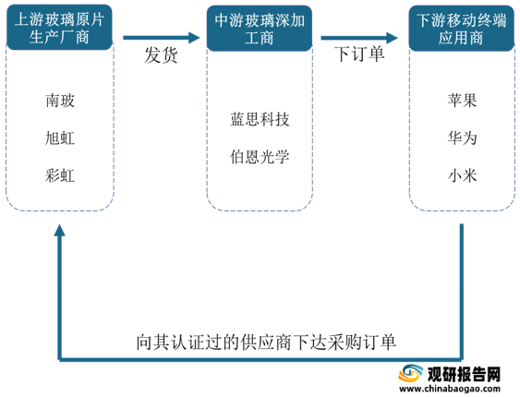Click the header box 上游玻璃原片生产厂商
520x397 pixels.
[59, 28]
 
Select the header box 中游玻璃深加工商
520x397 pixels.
[260, 29]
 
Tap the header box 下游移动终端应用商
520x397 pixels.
[461, 29]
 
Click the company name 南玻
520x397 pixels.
[60, 101]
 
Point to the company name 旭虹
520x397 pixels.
[60, 138]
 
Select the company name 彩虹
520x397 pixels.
[60, 175]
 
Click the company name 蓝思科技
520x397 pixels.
[260, 119]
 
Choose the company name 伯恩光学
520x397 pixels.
[260, 157]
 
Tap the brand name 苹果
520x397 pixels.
[462, 100]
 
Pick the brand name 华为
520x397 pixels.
[462, 138]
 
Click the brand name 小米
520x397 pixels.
[462, 175]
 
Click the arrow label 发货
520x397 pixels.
[162, 54]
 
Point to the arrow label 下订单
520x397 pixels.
[359, 54]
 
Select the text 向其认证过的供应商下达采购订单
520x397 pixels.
[266, 342]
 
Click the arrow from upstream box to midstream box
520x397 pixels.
[162, 38]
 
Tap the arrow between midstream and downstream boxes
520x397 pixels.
[359, 38]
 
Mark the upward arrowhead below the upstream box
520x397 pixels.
[60, 230]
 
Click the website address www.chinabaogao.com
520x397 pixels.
[450, 389]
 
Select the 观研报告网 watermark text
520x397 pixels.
[464, 374]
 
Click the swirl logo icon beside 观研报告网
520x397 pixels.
[411, 374]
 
